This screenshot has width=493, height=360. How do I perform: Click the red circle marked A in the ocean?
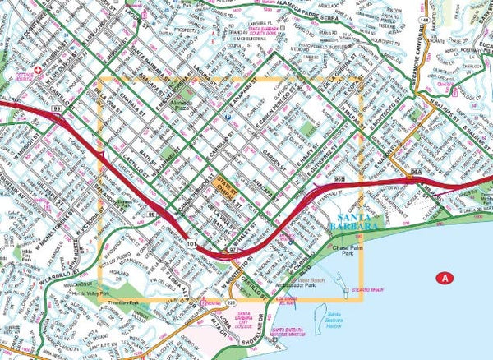pyautogui.click(x=445, y=278)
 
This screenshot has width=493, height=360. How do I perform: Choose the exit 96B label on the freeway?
pyautogui.click(x=339, y=177)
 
